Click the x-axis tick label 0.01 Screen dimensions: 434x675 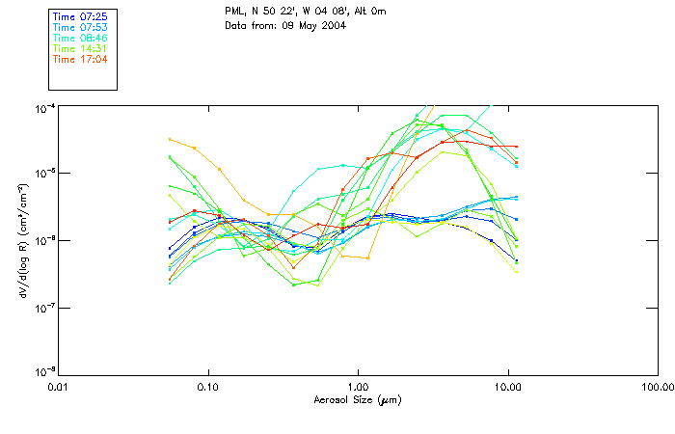[x=58, y=388]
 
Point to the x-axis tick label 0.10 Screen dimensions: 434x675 [x=207, y=388]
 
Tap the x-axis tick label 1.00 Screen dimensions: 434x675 [x=358, y=388]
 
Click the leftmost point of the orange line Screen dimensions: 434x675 [x=170, y=139]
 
